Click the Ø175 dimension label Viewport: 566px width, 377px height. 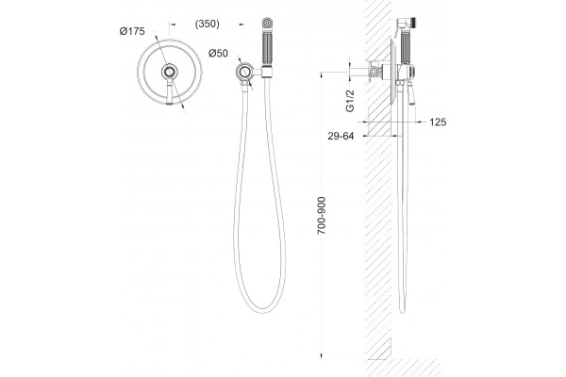tap(132, 31)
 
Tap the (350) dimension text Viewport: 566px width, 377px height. tap(207, 24)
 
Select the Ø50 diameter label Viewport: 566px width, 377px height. tap(218, 53)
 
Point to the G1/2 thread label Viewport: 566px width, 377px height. tap(350, 101)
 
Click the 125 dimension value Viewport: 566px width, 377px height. tap(438, 123)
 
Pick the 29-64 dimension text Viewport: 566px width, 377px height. tap(341, 136)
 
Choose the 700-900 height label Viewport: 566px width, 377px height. tap(322, 216)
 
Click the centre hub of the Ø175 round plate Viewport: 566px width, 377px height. tap(169, 73)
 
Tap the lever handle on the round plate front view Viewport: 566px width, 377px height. tap(170, 92)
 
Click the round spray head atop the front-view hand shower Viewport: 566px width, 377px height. tap(267, 23)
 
